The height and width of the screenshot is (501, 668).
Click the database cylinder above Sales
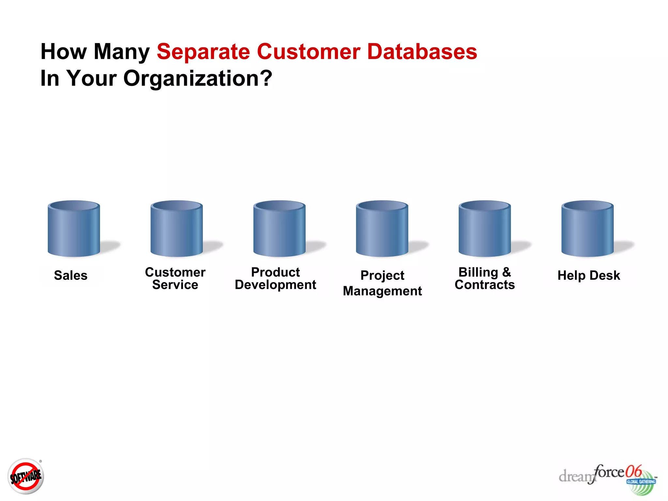(x=74, y=229)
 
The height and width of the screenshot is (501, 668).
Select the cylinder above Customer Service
(x=176, y=229)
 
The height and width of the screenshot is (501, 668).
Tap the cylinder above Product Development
(x=279, y=229)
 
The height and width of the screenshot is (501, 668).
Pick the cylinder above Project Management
(x=382, y=229)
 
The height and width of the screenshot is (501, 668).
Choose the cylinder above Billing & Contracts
(x=485, y=229)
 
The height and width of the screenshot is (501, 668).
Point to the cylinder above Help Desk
(x=587, y=229)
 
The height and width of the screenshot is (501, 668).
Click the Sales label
(x=71, y=275)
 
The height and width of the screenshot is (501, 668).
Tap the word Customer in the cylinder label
(x=175, y=272)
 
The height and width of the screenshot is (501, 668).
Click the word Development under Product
(x=275, y=285)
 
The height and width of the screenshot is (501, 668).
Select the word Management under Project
(x=382, y=291)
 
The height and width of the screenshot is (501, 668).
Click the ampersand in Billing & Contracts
(x=507, y=272)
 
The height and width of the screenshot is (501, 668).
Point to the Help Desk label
(x=589, y=275)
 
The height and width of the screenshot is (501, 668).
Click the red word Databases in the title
(x=422, y=52)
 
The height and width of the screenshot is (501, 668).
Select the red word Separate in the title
(x=203, y=52)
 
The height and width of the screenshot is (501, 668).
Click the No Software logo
(x=26, y=476)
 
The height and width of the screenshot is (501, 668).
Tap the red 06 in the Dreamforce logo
(x=633, y=471)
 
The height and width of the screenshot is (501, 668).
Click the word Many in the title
(x=122, y=52)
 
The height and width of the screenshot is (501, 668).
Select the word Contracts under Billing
(x=485, y=285)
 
